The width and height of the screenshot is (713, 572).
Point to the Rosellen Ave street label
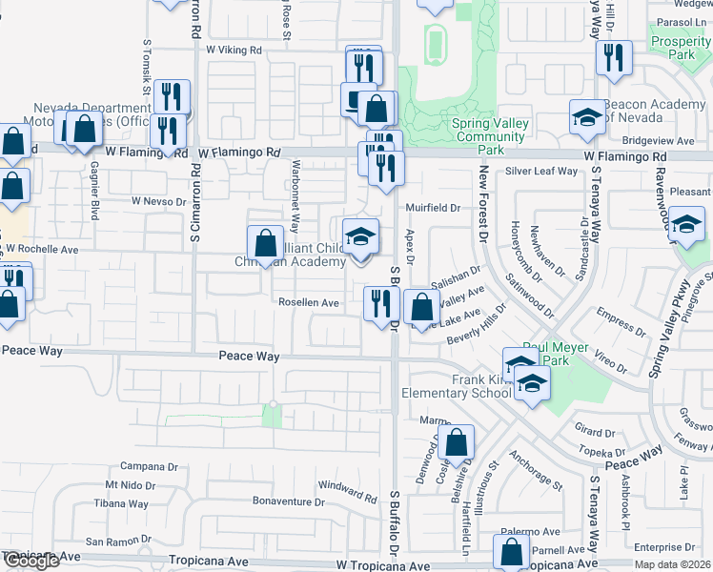coord(308,303)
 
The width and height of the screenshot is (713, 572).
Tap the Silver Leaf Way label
coord(541,172)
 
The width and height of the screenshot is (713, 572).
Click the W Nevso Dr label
coord(160,201)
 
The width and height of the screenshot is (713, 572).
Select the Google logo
coord(31,561)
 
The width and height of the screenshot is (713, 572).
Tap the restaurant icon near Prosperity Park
coord(614,58)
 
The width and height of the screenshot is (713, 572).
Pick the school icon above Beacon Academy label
coord(588,116)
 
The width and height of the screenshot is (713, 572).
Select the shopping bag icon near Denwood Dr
coord(458,442)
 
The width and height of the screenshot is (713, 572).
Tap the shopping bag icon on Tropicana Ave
coord(511,551)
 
